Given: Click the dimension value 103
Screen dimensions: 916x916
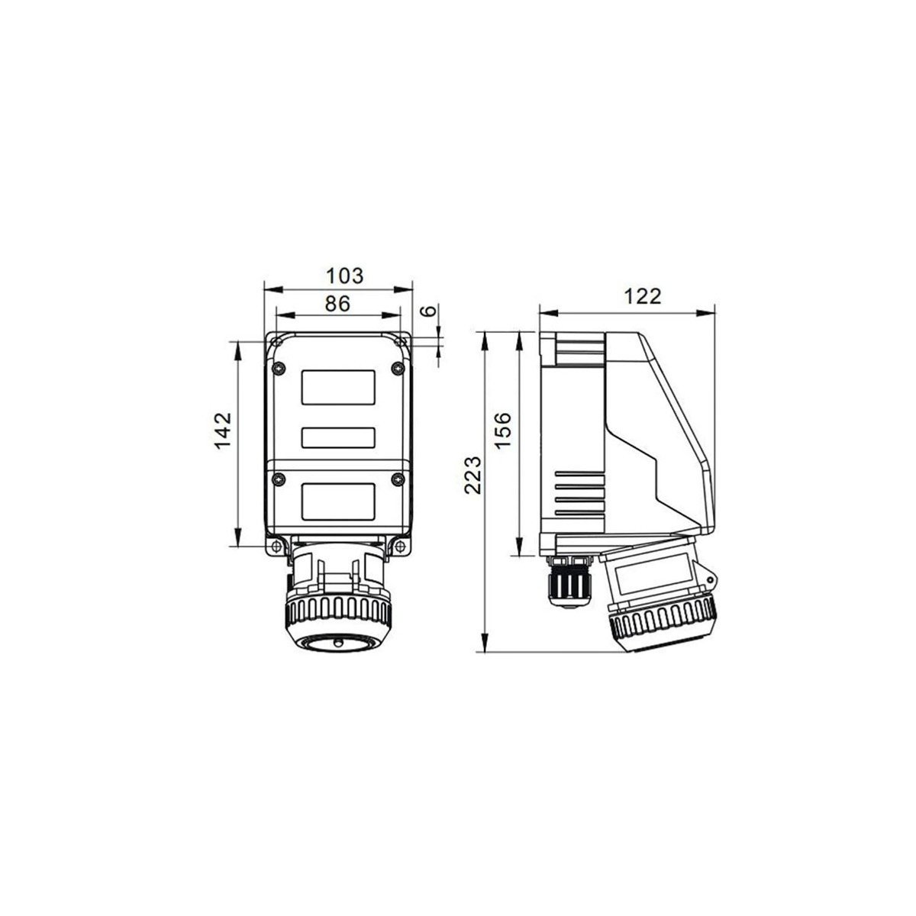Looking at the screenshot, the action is click(x=344, y=276).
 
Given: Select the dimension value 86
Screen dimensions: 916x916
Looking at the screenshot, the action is click(x=337, y=303).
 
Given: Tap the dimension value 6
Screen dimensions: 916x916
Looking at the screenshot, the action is click(x=429, y=311).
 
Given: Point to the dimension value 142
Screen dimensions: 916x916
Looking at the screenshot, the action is click(x=222, y=431).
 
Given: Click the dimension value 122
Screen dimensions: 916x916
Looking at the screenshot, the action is click(x=642, y=297).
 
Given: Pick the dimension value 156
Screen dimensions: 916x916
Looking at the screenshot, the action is click(x=502, y=430).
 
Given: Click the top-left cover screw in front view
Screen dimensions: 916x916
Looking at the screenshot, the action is click(x=278, y=368).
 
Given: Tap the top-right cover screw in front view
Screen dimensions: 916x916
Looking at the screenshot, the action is click(x=397, y=368).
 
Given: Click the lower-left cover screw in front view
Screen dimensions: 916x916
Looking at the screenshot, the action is click(x=278, y=479).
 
